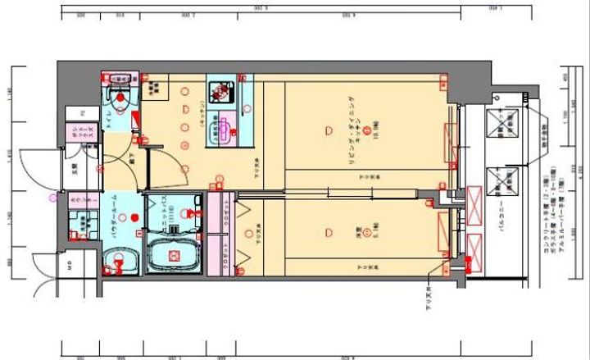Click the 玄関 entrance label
tap(75, 171)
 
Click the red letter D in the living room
tap(329, 130)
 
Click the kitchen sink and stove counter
tap(222, 103)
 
